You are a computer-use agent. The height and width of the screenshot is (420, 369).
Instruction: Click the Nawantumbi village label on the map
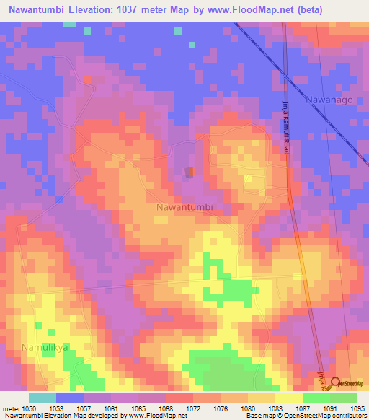tap(184, 207)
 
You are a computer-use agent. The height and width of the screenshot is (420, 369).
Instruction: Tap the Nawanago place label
tap(329, 100)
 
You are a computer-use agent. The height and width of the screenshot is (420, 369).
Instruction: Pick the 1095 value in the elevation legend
tap(357, 408)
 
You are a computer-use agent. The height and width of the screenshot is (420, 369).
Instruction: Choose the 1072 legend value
tap(194, 408)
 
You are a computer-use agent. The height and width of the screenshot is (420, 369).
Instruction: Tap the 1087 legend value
tap(302, 408)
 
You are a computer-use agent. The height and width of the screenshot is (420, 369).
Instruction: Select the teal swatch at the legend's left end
tap(42, 398)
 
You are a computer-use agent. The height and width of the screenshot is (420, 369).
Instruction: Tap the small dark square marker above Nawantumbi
tap(190, 172)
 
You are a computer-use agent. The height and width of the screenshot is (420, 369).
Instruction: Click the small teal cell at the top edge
tap(69, 24)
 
